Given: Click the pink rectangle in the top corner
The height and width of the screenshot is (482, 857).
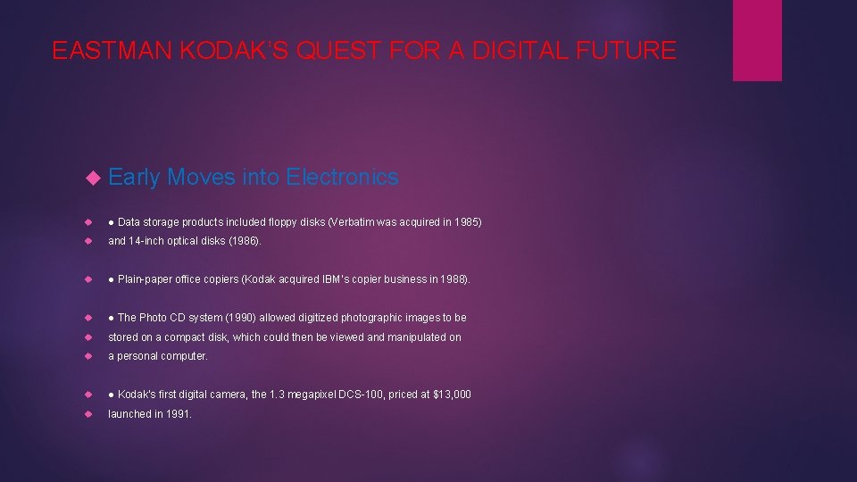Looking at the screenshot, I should (757, 40).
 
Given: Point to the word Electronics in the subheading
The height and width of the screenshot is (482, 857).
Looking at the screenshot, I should (342, 178).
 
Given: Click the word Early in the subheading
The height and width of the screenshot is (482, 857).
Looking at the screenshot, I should (134, 178).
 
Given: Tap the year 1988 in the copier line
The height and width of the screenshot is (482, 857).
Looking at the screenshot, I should (453, 279).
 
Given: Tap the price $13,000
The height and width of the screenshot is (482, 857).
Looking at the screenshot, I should (451, 395).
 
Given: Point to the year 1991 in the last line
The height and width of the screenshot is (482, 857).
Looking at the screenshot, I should (179, 414).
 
